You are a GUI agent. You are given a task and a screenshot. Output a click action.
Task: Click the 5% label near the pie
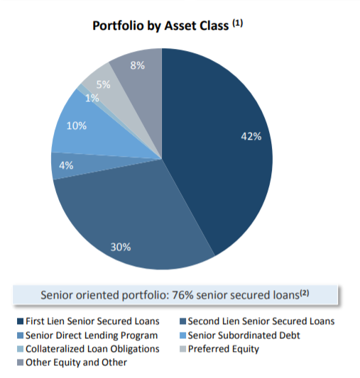(103, 84)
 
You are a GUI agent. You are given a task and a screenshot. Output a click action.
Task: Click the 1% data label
(92, 98)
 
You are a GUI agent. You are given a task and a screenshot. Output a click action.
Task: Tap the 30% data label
(120, 247)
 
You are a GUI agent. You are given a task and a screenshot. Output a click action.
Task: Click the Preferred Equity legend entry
(224, 349)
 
